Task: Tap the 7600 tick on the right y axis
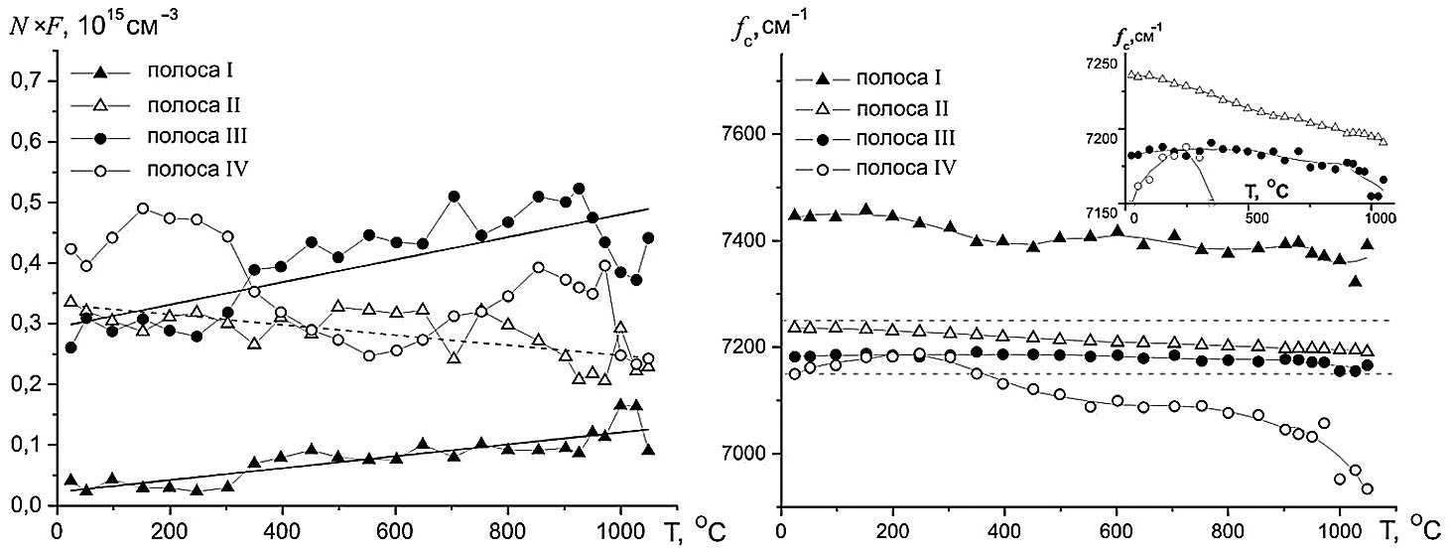pyautogui.click(x=749, y=135)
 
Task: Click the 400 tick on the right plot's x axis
pyautogui.click(x=1005, y=525)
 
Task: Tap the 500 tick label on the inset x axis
pyautogui.click(x=1256, y=220)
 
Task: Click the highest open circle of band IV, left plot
pyautogui.click(x=143, y=208)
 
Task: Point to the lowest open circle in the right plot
pyautogui.click(x=1368, y=488)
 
